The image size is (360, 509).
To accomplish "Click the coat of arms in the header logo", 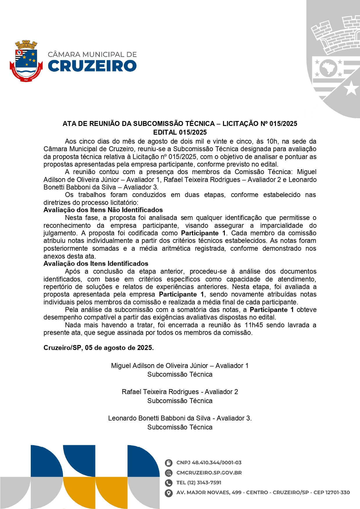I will (x=26, y=61).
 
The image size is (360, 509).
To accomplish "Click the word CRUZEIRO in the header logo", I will (x=92, y=66).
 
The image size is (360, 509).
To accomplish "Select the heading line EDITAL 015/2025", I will (x=180, y=132).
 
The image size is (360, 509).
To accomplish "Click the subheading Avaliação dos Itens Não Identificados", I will (x=103, y=210).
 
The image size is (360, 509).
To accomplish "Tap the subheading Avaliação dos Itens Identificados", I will (x=96, y=263).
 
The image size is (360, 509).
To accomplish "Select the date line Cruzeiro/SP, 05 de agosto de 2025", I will (x=99, y=348).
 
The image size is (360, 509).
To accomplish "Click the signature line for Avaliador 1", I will (x=180, y=366).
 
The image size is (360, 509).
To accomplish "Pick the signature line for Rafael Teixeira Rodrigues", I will (x=180, y=392).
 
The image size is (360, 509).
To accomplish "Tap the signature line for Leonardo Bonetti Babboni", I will (x=180, y=418).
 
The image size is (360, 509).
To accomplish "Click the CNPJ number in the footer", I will (x=209, y=463).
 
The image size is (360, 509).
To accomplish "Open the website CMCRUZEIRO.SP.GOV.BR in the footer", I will (x=209, y=473).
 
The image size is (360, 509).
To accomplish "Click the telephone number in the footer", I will (x=199, y=483).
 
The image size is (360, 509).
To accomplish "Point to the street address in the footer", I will (x=263, y=492).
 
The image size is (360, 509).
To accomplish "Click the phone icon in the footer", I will (x=169, y=483).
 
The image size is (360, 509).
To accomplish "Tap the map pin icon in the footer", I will (x=169, y=493).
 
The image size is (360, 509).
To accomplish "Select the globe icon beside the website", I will (x=169, y=473).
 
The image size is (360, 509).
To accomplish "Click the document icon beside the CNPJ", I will (x=169, y=463).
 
